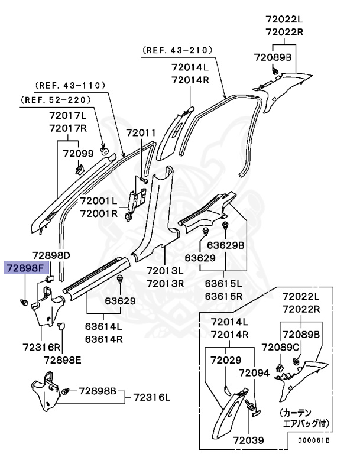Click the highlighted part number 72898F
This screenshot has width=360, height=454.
coord(25,268)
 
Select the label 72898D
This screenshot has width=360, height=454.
coord(51,255)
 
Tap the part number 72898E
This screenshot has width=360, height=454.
coord(63,358)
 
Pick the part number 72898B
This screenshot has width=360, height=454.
coord(98,391)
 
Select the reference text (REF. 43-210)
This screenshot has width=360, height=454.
coord(184,51)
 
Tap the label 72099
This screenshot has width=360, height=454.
coord(78,154)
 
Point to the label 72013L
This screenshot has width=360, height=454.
coord(166,271)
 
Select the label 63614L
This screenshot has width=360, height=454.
coord(103,326)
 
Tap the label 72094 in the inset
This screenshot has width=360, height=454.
coord(255,373)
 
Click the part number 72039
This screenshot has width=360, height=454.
coord(248,440)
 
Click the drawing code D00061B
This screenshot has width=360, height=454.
coord(313,440)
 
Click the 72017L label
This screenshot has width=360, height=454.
coord(67,116)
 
